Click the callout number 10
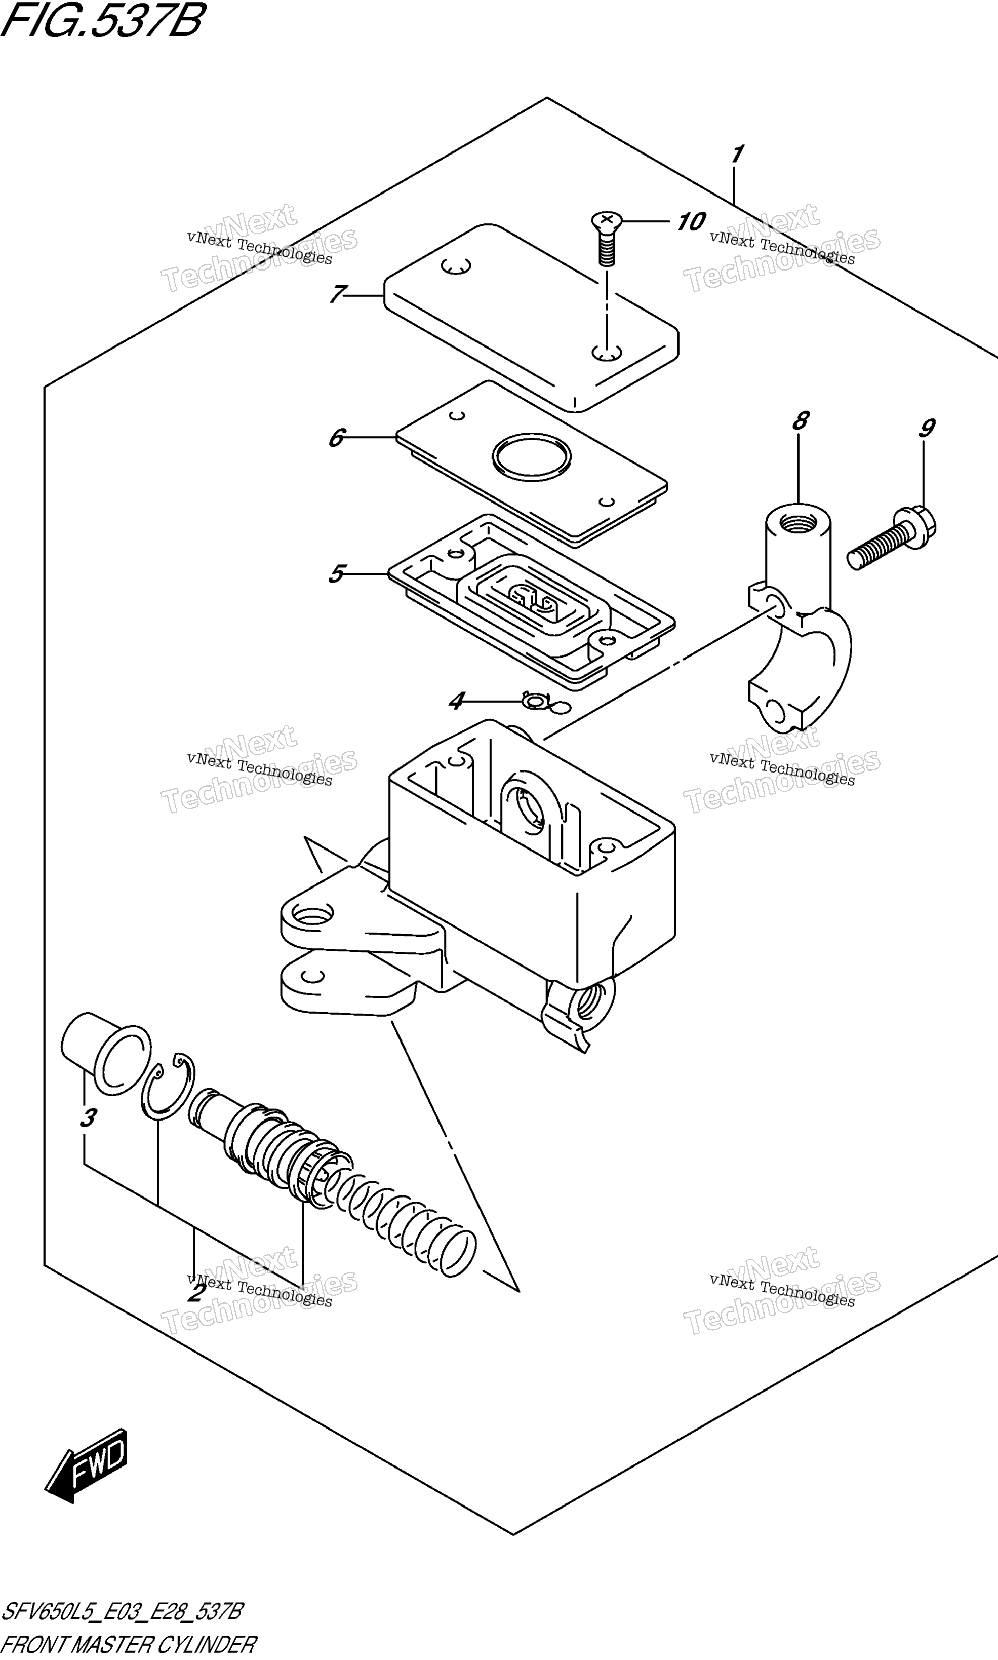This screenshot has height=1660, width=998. click(691, 221)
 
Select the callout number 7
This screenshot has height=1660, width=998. click(338, 295)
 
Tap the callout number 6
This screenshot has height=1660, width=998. click(336, 438)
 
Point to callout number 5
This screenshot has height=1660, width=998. click(336, 574)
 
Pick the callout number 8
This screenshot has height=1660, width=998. click(800, 421)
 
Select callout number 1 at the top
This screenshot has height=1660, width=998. click(737, 155)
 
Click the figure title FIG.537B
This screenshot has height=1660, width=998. click(102, 20)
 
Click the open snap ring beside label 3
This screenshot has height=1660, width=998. click(168, 1087)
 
